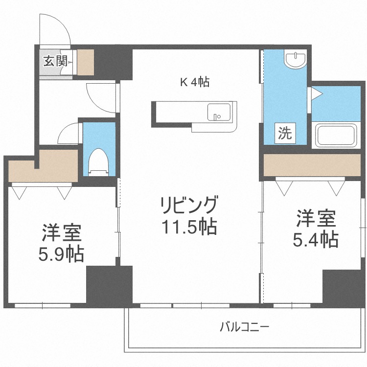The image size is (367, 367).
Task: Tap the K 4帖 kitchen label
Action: [x=195, y=82]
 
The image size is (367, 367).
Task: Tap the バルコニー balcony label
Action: [x=245, y=326]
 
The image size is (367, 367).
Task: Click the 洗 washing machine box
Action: [x=285, y=133]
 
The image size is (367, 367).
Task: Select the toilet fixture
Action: [x=100, y=161]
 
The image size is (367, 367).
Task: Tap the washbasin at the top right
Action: [x=296, y=60]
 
